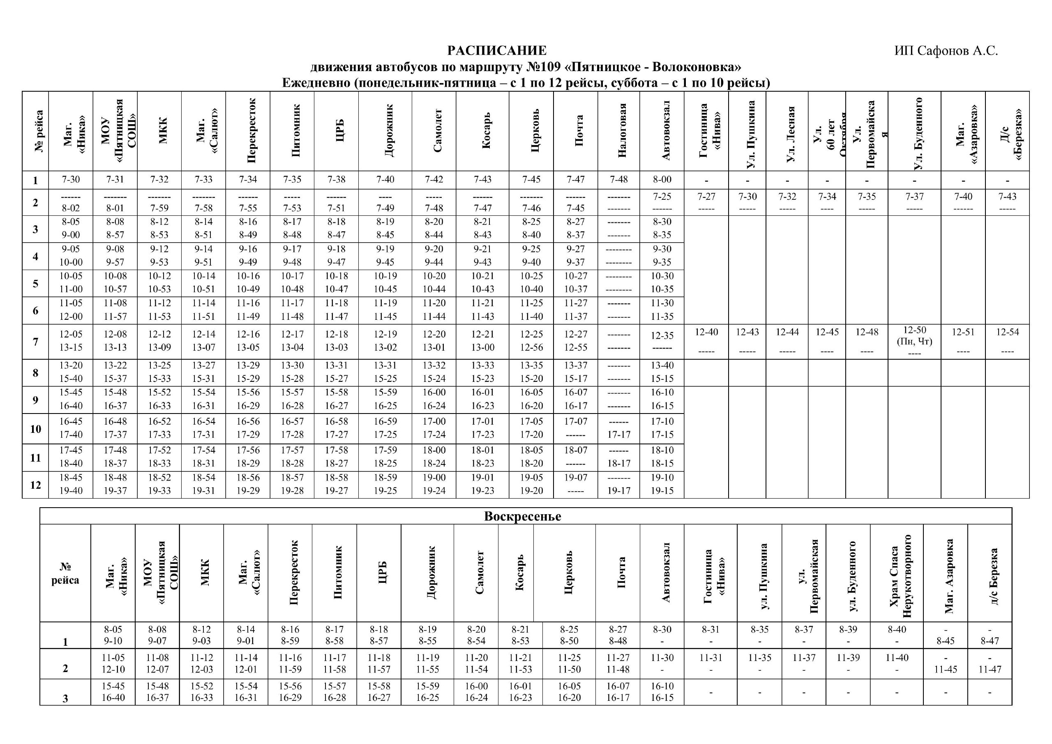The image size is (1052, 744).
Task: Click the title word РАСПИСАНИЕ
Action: pyautogui.click(x=497, y=51)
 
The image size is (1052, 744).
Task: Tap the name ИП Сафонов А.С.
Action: pyautogui.click(x=946, y=51)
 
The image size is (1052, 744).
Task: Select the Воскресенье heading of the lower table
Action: pyautogui.click(x=522, y=517)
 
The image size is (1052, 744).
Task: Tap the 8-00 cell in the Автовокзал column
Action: pyautogui.click(x=662, y=179)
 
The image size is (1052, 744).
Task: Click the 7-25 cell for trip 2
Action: pyautogui.click(x=662, y=196)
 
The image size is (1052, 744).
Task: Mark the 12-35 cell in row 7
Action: pyautogui.click(x=662, y=336)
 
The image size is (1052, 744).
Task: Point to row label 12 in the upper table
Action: pyautogui.click(x=36, y=485)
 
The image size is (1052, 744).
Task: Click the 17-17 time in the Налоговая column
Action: pyautogui.click(x=619, y=434)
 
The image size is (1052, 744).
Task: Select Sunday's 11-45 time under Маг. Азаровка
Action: pyautogui.click(x=946, y=669)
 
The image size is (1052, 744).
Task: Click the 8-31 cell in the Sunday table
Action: pyautogui.click(x=711, y=630)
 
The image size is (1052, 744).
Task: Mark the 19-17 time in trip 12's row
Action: pyautogui.click(x=619, y=490)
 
